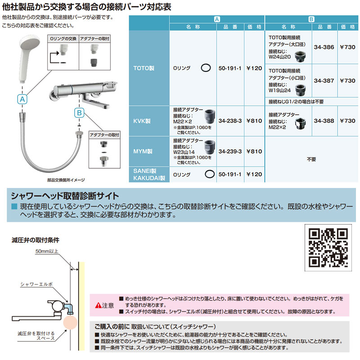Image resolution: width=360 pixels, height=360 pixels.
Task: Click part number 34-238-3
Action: (x=230, y=121)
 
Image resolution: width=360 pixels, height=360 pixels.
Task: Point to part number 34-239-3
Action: (x=230, y=152)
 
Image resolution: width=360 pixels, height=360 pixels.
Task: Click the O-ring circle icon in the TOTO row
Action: (x=205, y=68)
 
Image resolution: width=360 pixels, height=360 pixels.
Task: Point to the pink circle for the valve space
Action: (x=71, y=323)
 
